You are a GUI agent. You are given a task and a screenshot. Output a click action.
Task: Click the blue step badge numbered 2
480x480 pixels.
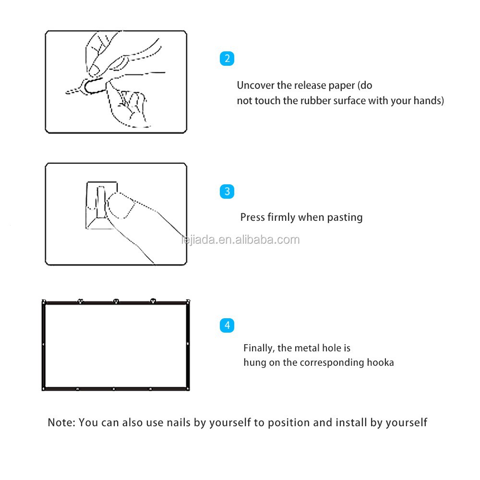click(227, 59)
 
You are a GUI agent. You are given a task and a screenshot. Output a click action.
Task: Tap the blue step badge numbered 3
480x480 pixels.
click(227, 192)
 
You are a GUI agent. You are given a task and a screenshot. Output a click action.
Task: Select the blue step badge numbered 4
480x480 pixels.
click(227, 325)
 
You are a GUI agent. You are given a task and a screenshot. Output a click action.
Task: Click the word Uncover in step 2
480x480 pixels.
click(256, 85)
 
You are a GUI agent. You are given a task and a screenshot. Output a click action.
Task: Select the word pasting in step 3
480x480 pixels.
click(345, 217)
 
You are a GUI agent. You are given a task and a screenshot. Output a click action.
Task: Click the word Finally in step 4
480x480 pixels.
click(259, 348)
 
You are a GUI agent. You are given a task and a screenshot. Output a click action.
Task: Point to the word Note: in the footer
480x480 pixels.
click(61, 422)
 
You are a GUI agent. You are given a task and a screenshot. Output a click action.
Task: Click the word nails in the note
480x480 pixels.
click(179, 422)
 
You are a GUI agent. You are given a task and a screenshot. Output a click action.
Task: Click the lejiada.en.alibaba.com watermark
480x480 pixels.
click(240, 240)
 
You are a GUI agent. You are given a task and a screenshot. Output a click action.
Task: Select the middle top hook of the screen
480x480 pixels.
click(116, 301)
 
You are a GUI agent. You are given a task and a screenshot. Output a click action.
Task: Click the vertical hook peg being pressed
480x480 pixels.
click(101, 203)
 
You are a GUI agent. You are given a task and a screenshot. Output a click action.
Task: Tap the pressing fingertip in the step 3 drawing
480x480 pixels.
click(121, 205)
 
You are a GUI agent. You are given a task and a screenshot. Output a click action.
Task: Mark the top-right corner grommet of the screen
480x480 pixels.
click(188, 301)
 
